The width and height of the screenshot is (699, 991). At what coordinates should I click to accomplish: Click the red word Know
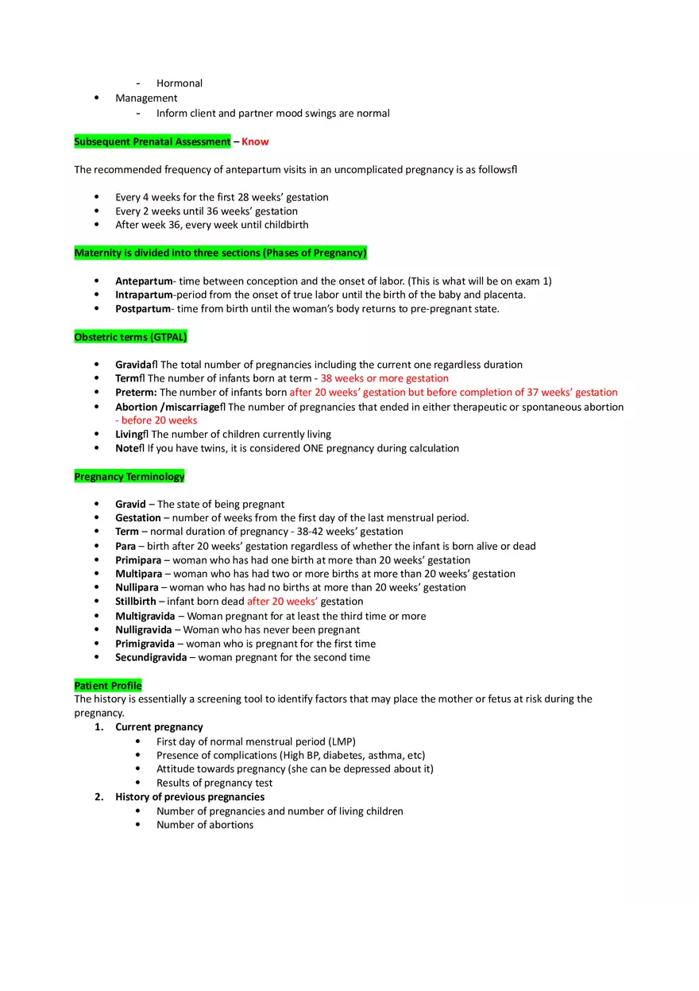coord(255,141)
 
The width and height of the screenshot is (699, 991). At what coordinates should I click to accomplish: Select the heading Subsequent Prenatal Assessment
coord(153,141)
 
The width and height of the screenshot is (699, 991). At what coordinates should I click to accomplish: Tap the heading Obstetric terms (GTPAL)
coord(130,337)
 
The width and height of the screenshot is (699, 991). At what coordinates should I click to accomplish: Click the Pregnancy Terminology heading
coord(129,477)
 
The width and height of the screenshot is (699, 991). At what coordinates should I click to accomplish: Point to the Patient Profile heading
coord(108,686)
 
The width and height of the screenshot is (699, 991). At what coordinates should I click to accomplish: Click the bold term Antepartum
coord(144,281)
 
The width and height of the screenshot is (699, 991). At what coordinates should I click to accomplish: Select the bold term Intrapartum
coord(144,295)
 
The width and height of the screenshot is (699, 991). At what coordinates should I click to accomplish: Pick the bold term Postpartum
coord(143,309)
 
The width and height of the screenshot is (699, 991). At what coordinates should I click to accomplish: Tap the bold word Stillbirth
coord(136,602)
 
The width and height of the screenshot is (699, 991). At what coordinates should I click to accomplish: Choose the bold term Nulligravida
coord(144,630)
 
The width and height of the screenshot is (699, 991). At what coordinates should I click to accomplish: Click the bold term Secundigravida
coord(151,658)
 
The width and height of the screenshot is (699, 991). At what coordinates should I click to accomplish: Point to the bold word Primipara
coord(138,560)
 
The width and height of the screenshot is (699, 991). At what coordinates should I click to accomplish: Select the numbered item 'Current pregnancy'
coord(159,727)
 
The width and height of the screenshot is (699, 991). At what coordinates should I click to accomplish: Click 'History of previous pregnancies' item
coord(190,797)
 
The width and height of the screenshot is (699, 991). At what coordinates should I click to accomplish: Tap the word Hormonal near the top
coord(180,83)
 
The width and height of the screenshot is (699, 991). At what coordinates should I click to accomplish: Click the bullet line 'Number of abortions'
coord(205,825)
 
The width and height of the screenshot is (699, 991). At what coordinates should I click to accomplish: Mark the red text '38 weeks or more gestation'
coord(384,379)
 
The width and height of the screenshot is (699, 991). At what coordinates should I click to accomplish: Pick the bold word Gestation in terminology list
coord(138,518)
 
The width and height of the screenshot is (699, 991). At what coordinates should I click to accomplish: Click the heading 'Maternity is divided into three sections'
coord(221,254)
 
